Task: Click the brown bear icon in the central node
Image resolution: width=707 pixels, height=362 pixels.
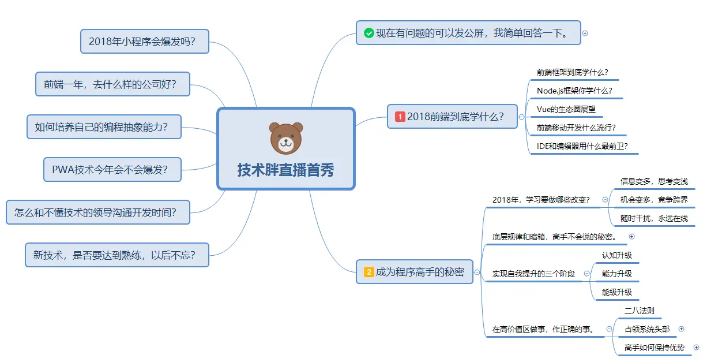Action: (286, 138)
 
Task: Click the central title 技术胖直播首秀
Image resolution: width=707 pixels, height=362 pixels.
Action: (285, 170)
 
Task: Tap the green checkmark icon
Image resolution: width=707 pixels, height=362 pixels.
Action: (369, 33)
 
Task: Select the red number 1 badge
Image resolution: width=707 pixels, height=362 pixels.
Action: (400, 117)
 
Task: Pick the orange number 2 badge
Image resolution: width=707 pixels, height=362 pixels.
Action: (369, 272)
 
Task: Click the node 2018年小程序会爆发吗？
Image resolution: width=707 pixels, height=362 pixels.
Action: (144, 42)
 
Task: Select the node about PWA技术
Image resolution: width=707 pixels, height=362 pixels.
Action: (112, 170)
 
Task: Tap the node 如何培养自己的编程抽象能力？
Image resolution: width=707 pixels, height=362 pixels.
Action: (104, 126)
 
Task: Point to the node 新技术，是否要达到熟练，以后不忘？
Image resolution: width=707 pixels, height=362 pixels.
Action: (117, 255)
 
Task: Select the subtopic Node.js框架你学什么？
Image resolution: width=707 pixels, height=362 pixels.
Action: (574, 91)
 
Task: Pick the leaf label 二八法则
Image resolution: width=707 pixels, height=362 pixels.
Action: (640, 311)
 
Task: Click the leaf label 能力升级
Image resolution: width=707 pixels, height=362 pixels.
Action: (617, 274)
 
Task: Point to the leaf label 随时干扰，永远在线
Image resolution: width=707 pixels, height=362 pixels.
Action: (654, 218)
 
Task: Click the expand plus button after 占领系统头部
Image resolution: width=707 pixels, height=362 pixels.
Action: (681, 329)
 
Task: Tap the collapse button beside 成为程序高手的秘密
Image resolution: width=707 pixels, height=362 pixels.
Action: (477, 272)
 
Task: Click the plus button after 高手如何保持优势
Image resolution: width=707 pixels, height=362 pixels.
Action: (696, 348)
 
